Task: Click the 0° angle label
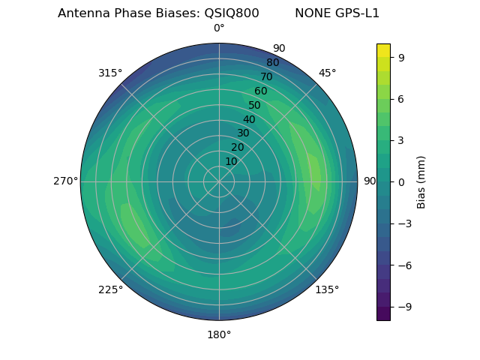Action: [x=219, y=28]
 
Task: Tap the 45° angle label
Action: [x=328, y=73]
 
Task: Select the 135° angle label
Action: [x=327, y=289]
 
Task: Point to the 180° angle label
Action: [x=219, y=334]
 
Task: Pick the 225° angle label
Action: [x=110, y=290]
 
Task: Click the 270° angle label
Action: [x=66, y=181]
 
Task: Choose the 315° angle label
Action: [x=110, y=73]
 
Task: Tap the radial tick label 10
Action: [x=231, y=161]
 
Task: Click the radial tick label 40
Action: [x=249, y=119]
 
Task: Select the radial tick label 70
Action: [x=266, y=76]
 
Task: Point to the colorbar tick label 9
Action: [x=401, y=57]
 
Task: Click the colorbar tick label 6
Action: [x=401, y=98]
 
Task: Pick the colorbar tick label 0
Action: [x=401, y=181]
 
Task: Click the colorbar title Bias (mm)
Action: [x=421, y=181]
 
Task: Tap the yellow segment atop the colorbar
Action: [x=383, y=50]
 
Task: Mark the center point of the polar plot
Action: [x=219, y=181]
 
